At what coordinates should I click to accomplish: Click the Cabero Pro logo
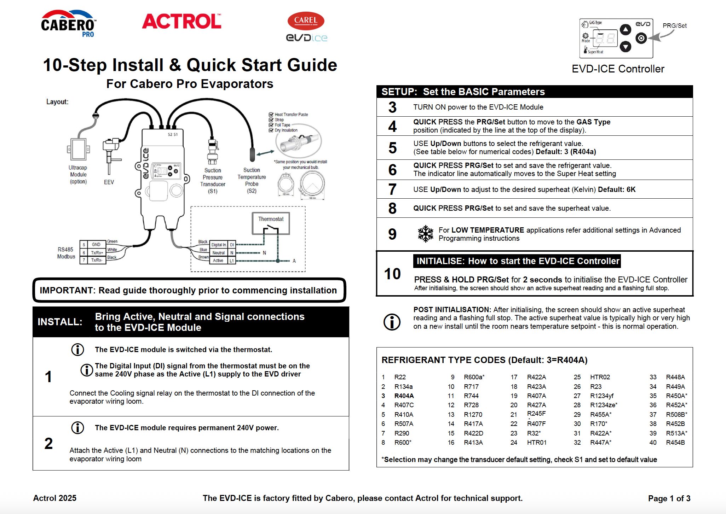coord(68,24)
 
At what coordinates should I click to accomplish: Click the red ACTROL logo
coord(181,22)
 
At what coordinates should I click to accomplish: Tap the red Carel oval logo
coord(306,21)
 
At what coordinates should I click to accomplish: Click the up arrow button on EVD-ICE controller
coord(625,30)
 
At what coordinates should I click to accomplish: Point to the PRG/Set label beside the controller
coord(674,26)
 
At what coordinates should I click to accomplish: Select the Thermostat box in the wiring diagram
coord(271,223)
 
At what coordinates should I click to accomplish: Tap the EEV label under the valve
coord(109,182)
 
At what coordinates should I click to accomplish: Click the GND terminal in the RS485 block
coord(96,244)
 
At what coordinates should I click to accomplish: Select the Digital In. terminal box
coord(219,245)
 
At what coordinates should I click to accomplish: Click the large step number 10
coord(392,274)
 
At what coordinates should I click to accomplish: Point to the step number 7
coord(392,189)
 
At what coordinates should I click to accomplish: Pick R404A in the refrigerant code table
coord(404,396)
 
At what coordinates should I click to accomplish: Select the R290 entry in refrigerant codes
coord(402,433)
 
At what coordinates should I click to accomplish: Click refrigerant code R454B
coord(675,442)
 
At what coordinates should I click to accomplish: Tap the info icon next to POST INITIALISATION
coord(392,322)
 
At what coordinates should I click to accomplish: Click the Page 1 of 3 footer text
coord(669,498)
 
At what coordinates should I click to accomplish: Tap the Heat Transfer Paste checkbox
coord(271,115)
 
